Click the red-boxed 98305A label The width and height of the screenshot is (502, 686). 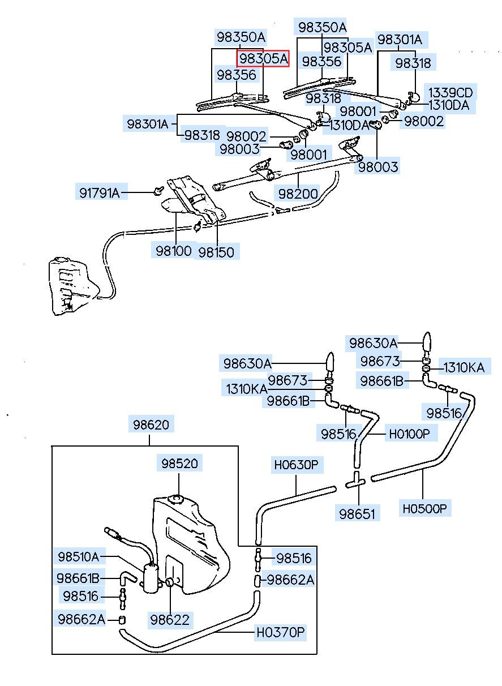point(263,58)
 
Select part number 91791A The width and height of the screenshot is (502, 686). point(100,193)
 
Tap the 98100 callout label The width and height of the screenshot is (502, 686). point(174,250)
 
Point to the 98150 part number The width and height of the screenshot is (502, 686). point(216,251)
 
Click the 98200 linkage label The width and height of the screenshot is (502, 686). point(298,194)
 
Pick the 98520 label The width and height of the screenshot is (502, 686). point(179,464)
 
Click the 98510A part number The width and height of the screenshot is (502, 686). point(78,556)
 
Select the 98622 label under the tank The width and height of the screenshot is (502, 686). point(170,619)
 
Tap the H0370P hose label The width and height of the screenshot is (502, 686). point(281,632)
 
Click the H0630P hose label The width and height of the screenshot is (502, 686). point(297,466)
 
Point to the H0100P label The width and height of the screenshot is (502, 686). point(409,434)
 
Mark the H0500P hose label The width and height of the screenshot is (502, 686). point(425,508)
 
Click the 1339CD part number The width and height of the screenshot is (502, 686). point(449,92)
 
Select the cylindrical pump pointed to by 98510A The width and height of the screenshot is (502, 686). point(151,578)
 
